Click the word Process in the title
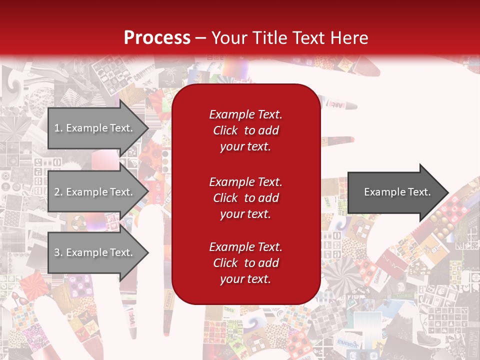157,38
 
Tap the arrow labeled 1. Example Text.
95,128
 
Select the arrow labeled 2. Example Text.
95,192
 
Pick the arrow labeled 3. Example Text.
95,252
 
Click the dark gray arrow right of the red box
395,192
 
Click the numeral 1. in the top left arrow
58,128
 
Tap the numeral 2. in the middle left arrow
58,192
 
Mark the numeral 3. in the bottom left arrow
58,252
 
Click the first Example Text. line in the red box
245,114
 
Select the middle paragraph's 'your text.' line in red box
245,214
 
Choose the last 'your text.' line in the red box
245,279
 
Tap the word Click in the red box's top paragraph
225,130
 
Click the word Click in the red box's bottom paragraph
225,263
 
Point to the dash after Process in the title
201,38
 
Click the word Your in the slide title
228,38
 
